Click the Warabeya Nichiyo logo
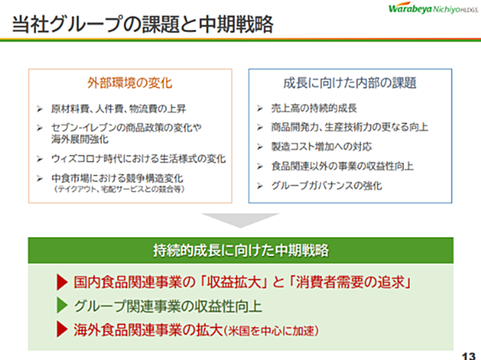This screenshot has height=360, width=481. pyautogui.click(x=433, y=8)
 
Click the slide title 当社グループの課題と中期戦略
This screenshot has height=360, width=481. pyautogui.click(x=143, y=24)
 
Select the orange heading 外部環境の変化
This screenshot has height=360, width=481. pyautogui.click(x=130, y=83)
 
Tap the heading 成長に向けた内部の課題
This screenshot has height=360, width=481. pyautogui.click(x=350, y=83)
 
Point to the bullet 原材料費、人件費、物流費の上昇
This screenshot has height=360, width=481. pyautogui.click(x=118, y=108)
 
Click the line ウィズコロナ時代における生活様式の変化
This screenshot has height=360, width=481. pyautogui.click(x=139, y=159)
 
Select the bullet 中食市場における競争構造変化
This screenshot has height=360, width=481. pyautogui.click(x=117, y=178)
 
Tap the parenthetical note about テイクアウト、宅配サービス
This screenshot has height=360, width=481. pyautogui.click(x=119, y=189)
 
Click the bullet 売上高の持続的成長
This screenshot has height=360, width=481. pyautogui.click(x=314, y=108)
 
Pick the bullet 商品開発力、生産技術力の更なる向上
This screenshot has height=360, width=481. pyautogui.click(x=350, y=127)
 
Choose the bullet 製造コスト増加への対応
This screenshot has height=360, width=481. pyautogui.click(x=322, y=147)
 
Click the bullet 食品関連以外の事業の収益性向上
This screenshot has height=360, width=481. pyautogui.click(x=342, y=166)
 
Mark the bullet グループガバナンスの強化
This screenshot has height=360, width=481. pyautogui.click(x=327, y=185)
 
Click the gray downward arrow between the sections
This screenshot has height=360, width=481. pyautogui.click(x=240, y=220)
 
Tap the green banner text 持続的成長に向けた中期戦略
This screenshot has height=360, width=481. pyautogui.click(x=240, y=250)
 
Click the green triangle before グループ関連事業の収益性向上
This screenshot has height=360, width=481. pyautogui.click(x=62, y=305)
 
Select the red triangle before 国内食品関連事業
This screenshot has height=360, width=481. pyautogui.click(x=62, y=282)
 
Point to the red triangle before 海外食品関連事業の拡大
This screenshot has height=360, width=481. pyautogui.click(x=62, y=330)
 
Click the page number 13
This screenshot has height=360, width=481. pyautogui.click(x=469, y=356)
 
